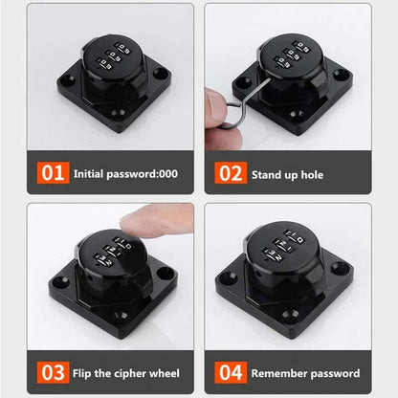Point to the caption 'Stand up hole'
[x=286, y=176]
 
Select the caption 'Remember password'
[x=303, y=372]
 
